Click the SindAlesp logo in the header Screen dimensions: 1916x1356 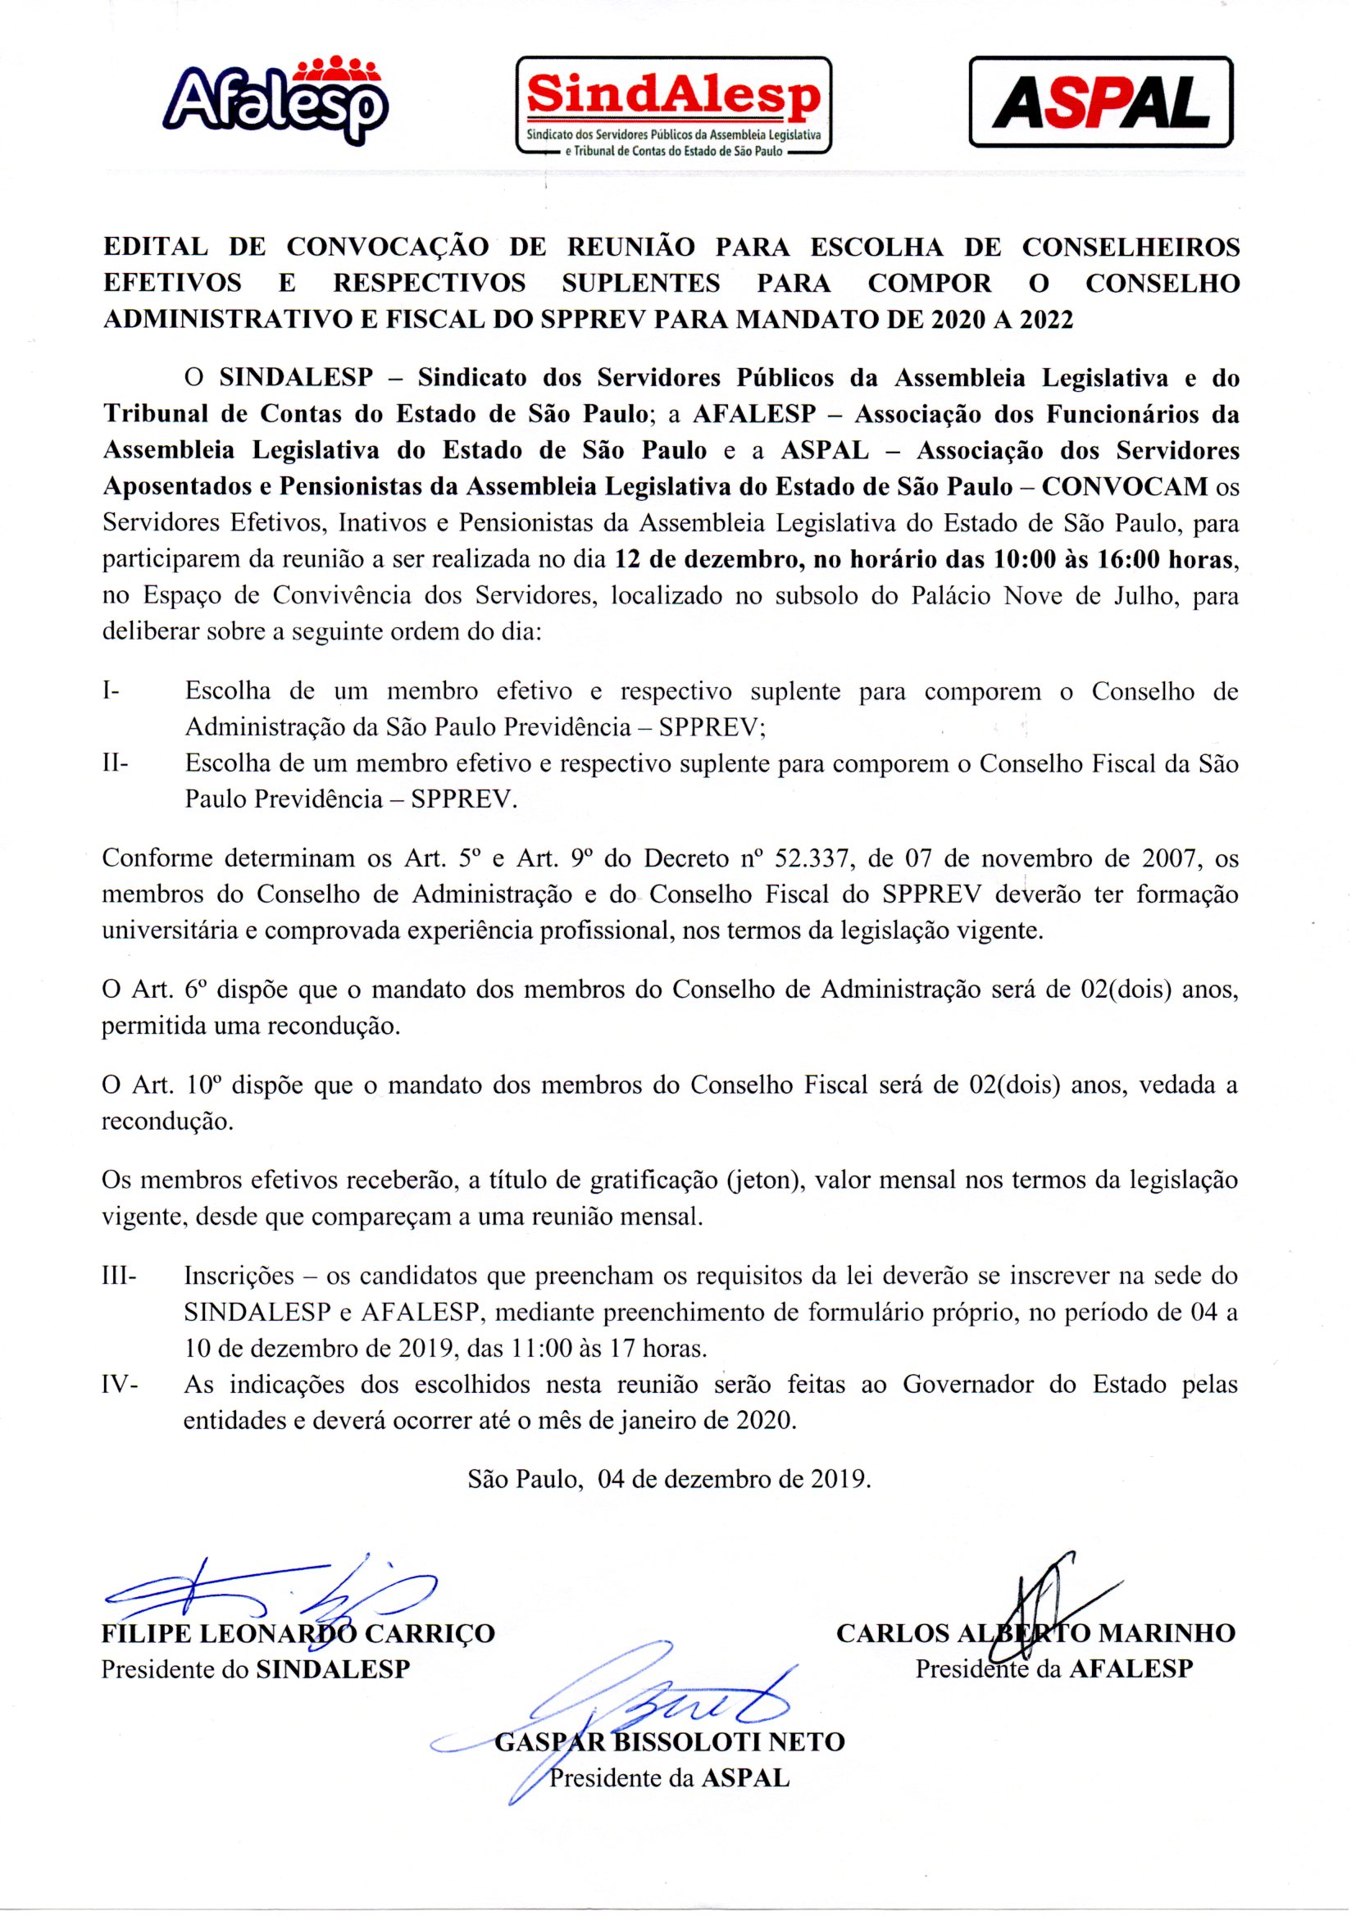(674, 105)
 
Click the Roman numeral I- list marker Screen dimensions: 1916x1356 (111, 692)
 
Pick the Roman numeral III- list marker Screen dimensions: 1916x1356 (121, 1277)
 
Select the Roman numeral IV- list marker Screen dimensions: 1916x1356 (120, 1385)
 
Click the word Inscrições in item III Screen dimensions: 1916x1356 (239, 1277)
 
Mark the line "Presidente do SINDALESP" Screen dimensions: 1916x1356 (256, 1670)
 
